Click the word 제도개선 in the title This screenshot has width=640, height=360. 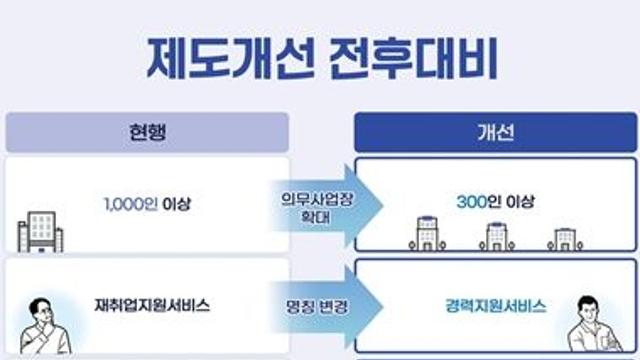click(x=231, y=58)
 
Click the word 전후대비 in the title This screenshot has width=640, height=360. click(x=413, y=58)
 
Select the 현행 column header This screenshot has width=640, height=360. click(x=147, y=132)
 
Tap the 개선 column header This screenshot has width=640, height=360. click(x=496, y=132)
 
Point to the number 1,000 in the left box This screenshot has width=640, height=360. click(x=124, y=204)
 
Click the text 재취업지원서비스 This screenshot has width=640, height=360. click(x=152, y=305)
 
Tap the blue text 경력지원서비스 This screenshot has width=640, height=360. click(x=496, y=306)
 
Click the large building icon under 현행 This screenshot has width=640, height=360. click(x=40, y=231)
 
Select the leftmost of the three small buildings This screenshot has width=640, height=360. click(x=427, y=233)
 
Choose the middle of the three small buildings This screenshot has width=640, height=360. click(x=497, y=236)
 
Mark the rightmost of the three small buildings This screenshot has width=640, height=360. click(x=565, y=239)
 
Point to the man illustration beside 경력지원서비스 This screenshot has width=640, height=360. click(x=595, y=324)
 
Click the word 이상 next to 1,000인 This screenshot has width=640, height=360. click(x=176, y=204)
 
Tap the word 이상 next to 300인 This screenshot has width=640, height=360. click(x=520, y=202)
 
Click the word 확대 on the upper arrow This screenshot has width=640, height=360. click(x=315, y=217)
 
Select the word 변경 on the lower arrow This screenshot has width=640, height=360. click(x=333, y=307)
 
